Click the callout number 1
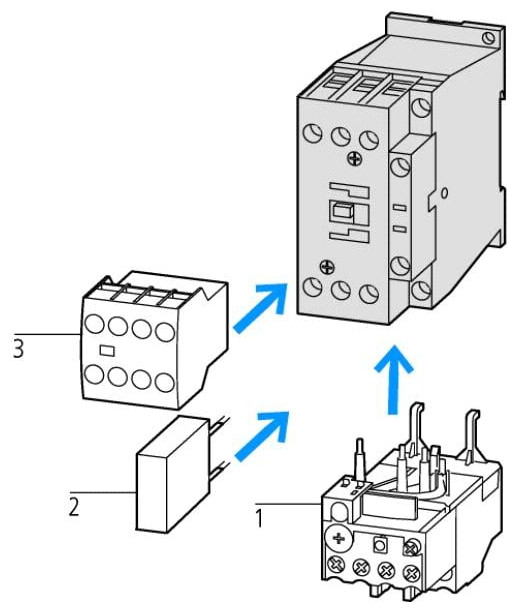tap(259, 518)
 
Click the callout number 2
tap(74, 507)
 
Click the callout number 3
tap(18, 349)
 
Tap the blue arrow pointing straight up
tap(393, 379)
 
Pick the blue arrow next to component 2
tap(262, 436)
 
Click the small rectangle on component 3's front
tap(107, 350)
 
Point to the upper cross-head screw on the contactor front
tap(355, 158)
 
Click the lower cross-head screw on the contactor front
tap(327, 267)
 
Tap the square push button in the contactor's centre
tap(341, 212)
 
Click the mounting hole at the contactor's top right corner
tap(489, 38)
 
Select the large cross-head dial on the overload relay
tap(338, 539)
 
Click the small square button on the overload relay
tap(379, 544)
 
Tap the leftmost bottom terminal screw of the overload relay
tap(335, 564)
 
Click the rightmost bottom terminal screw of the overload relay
tap(411, 573)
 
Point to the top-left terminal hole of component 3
tap(94, 324)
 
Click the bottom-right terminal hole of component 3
tap(164, 382)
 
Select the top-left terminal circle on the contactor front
tap(313, 133)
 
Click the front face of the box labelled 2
tap(151, 493)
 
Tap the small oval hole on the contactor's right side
tap(446, 192)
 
